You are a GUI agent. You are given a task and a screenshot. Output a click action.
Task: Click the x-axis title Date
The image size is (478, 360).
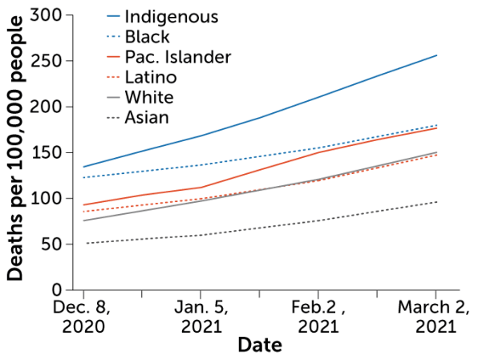(259, 346)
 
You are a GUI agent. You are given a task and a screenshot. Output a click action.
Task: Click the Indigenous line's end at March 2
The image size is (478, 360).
(436, 55)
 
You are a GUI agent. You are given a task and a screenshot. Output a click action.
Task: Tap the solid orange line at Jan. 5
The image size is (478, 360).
(201, 188)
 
